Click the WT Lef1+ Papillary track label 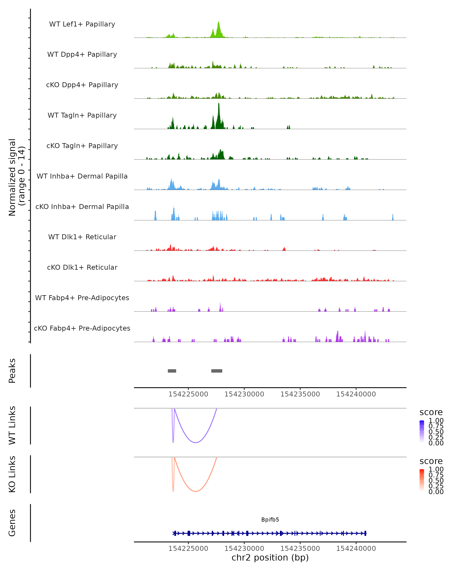82,24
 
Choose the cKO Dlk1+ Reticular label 82,267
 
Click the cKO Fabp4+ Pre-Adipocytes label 82,328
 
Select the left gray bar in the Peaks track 172,371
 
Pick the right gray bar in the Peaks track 217,371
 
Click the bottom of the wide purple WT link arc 196,443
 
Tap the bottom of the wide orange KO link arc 196,491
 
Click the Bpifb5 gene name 270,520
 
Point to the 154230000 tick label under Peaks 244,394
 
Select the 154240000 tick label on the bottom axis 356,549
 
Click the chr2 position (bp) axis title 270,557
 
